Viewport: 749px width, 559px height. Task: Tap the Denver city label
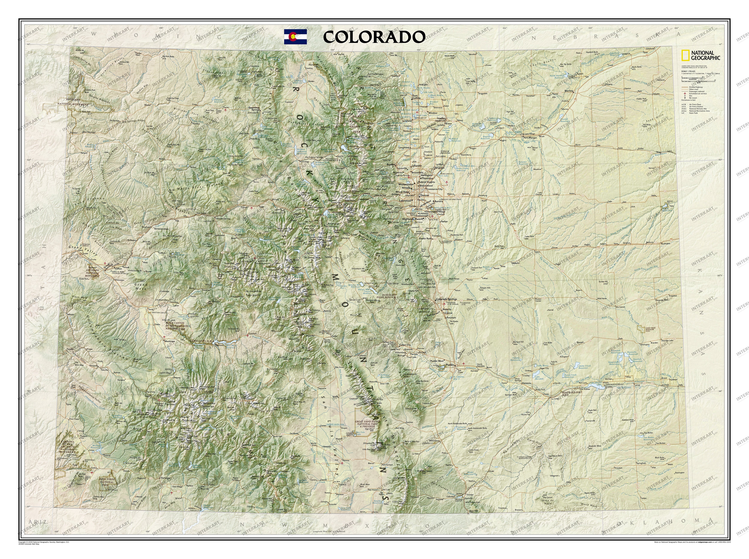click(424, 195)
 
